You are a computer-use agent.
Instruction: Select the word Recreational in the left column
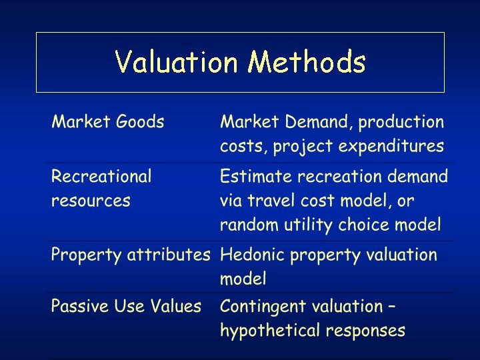pyautogui.click(x=101, y=177)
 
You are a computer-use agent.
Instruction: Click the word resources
pyautogui.click(x=91, y=201)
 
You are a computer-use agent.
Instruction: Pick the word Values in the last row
pyautogui.click(x=176, y=307)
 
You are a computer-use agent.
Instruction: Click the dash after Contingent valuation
pyautogui.click(x=391, y=307)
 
